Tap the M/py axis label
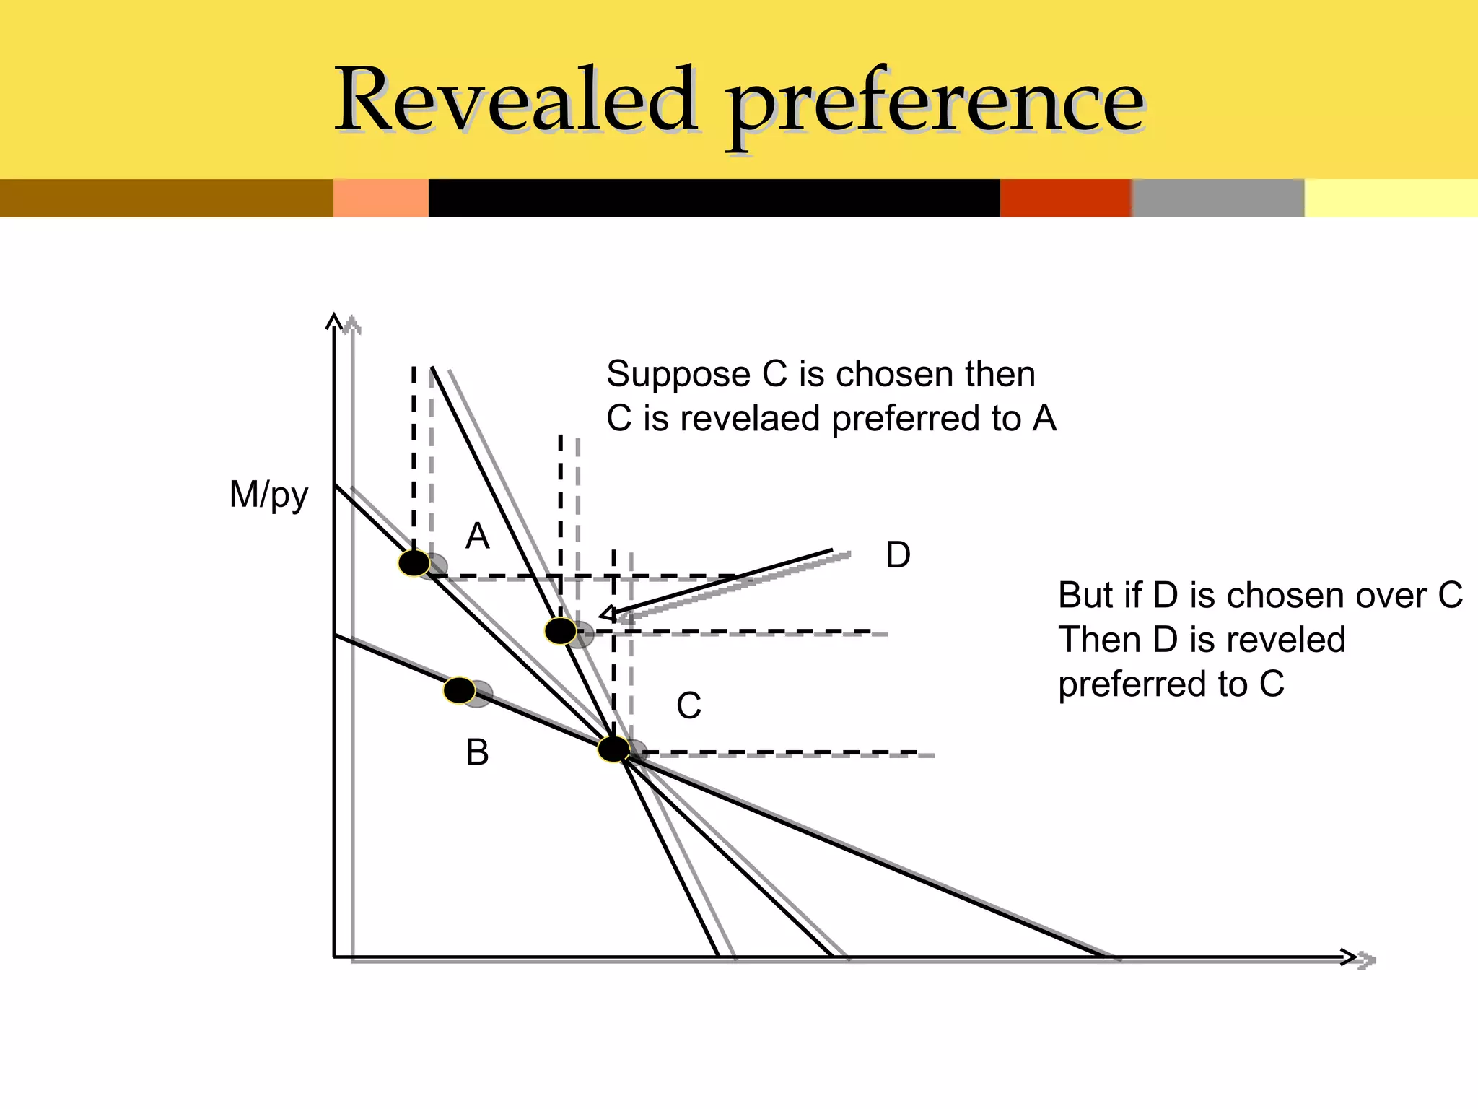[268, 496]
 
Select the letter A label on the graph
[477, 536]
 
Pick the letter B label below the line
[477, 752]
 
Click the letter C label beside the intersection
[688, 705]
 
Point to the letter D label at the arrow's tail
[898, 555]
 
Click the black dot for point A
[414, 563]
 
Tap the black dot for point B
[459, 691]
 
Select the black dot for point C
[613, 749]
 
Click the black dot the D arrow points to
[561, 631]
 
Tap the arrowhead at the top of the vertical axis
[333, 320]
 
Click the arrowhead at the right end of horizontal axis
[1350, 957]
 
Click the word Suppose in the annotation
[678, 375]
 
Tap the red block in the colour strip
[1065, 198]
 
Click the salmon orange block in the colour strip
[380, 198]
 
